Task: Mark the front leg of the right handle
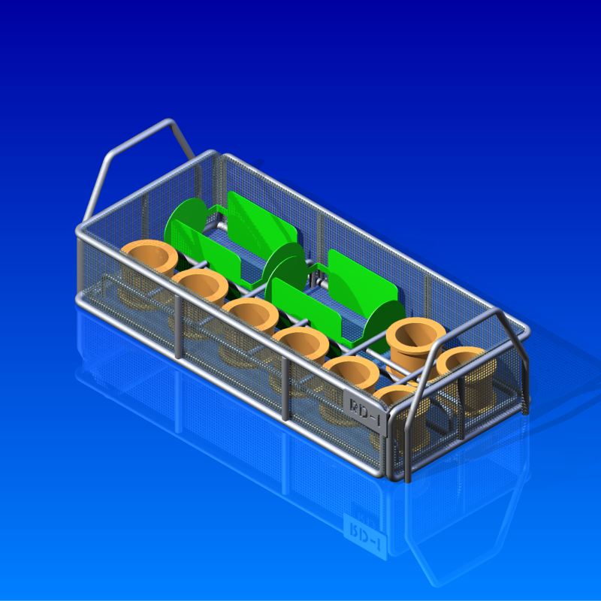(409, 436)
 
